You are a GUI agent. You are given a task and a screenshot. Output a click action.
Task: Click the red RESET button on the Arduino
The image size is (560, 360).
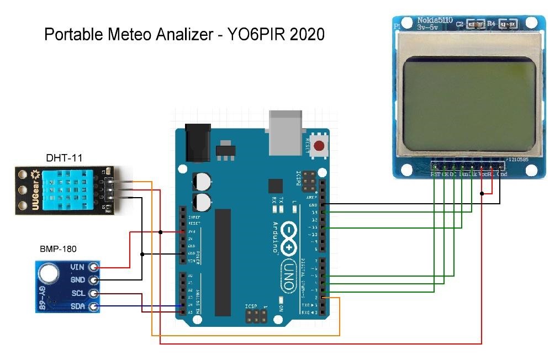(319, 146)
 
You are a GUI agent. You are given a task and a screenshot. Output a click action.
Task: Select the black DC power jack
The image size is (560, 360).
(196, 142)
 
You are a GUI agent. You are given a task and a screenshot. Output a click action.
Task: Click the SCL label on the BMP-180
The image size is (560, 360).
(77, 293)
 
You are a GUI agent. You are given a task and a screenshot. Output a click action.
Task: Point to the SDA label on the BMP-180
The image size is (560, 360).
(77, 306)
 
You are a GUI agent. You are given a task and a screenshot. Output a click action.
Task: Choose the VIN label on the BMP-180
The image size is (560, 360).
(77, 267)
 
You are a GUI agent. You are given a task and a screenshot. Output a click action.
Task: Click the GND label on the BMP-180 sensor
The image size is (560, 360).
(77, 280)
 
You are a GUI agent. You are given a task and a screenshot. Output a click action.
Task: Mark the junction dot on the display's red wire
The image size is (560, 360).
(483, 193)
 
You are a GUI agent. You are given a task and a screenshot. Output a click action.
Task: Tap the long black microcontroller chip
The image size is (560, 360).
(223, 262)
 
